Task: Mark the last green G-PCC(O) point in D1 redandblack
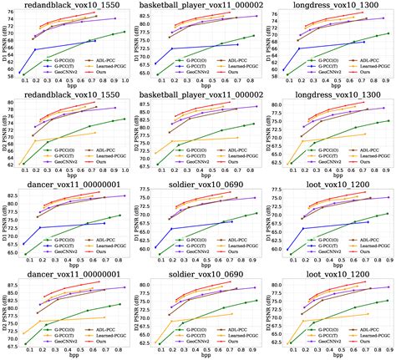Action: [124, 32]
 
